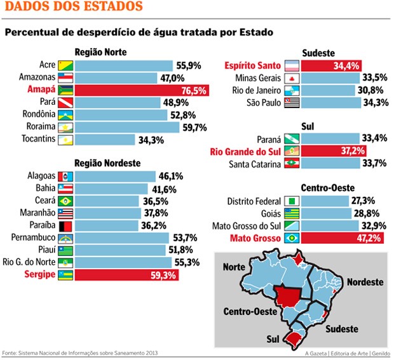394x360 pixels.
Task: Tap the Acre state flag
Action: (x=65, y=65)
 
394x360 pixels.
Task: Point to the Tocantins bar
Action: (x=105, y=139)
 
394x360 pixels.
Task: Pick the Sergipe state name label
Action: (x=39, y=276)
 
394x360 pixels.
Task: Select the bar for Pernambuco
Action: (x=121, y=237)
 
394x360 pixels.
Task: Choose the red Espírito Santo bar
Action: (x=331, y=65)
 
